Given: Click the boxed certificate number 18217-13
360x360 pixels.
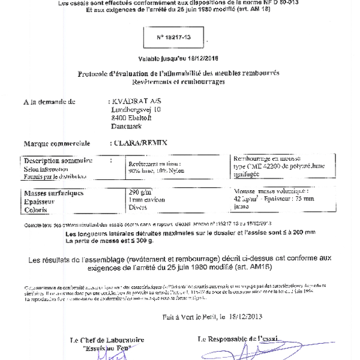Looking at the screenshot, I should tap(174, 37).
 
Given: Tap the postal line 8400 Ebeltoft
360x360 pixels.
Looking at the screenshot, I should tap(131, 118).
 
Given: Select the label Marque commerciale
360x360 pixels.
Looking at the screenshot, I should tap(56, 143).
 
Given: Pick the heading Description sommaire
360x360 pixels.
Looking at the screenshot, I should tap(58, 160).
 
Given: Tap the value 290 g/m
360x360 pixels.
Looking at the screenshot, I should tap(140, 192).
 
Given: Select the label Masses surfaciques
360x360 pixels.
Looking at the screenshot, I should tap(53, 193).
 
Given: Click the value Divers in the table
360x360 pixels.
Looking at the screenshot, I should tap(139, 208).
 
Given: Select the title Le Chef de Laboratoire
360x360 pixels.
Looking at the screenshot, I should tap(106, 339).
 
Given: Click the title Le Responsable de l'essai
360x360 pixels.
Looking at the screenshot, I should tap(239, 339).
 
